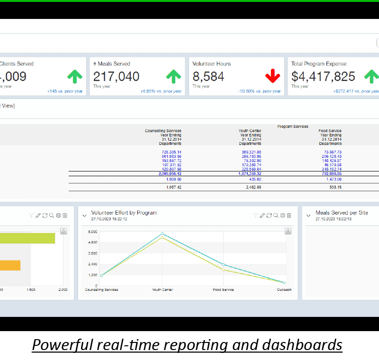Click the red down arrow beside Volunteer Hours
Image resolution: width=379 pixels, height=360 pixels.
point(272,76)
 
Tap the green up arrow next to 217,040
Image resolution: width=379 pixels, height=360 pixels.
point(173,76)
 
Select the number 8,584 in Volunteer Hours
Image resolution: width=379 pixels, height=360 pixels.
point(208,77)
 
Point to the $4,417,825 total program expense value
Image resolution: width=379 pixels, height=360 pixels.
point(323,77)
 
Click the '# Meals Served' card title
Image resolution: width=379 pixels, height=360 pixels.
point(111,64)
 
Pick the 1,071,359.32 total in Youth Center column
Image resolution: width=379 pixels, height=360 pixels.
point(250,174)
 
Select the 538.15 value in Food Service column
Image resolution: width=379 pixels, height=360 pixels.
point(334,187)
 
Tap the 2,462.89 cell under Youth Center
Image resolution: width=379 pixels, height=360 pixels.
point(252,187)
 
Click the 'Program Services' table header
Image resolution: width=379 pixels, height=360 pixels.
point(292,126)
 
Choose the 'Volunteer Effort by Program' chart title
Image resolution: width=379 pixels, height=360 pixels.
point(124,213)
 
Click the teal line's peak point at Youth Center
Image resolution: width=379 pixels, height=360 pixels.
point(162,234)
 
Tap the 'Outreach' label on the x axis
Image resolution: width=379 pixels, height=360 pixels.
point(284,290)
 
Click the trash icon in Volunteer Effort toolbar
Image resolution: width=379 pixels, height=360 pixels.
point(289,216)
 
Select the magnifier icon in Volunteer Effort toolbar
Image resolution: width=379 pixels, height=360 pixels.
point(276,216)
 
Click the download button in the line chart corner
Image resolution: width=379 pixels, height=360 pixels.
point(288,231)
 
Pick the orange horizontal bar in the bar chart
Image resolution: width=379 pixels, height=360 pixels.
point(9,265)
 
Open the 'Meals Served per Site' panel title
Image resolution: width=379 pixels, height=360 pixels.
point(342,213)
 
